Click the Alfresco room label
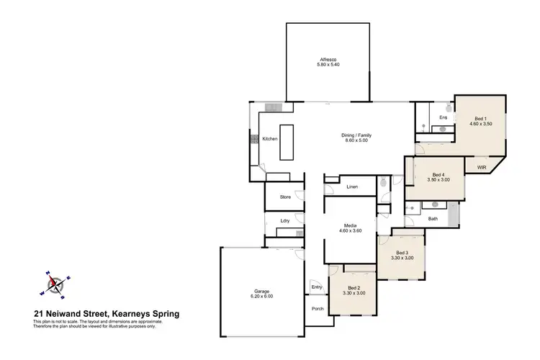330,60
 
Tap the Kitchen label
269,139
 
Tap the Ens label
444,117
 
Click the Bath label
433,218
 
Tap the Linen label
352,187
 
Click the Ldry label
285,221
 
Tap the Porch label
318,309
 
